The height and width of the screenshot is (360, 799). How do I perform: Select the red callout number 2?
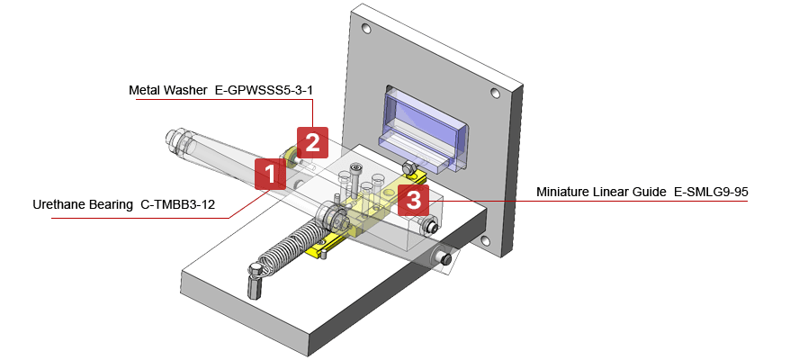pyautogui.click(x=312, y=141)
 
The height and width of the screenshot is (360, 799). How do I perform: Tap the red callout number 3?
pyautogui.click(x=413, y=200)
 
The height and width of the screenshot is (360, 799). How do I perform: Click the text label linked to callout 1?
pyautogui.click(x=125, y=206)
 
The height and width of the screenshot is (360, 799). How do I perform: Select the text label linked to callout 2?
pyautogui.click(x=221, y=90)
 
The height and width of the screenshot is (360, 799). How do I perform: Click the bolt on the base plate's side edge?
pyautogui.click(x=444, y=258)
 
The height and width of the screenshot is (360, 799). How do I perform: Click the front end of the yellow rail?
pyautogui.click(x=319, y=250)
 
